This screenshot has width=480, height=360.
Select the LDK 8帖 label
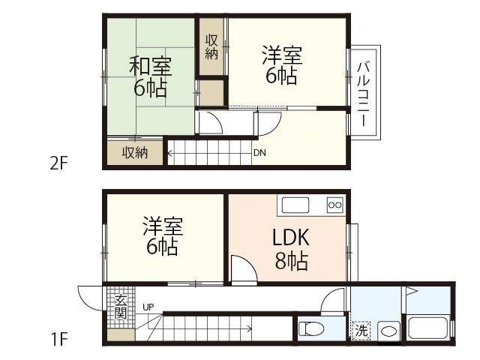[289, 250]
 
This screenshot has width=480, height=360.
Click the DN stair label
[259, 154]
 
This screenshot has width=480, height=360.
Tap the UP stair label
[148, 307]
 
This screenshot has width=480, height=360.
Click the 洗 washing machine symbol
[361, 329]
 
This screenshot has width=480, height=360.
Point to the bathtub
[427, 328]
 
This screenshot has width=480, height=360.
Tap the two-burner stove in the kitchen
[334, 204]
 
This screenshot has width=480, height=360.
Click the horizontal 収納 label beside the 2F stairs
[135, 153]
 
